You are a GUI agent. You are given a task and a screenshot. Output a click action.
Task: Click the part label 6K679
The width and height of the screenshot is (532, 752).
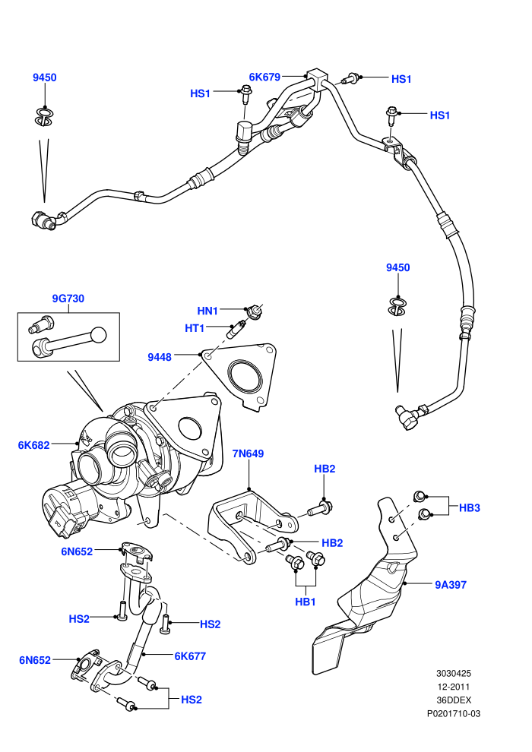(x=264, y=77)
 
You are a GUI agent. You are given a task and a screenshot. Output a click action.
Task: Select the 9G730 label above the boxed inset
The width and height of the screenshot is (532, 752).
(x=68, y=299)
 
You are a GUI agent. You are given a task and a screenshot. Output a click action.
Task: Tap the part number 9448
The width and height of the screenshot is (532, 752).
(x=160, y=357)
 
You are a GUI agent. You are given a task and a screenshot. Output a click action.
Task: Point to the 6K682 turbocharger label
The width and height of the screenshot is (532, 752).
(x=33, y=445)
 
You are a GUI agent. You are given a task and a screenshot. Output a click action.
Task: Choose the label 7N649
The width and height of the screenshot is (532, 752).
(x=248, y=453)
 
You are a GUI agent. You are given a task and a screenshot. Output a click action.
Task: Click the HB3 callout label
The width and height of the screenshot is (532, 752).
(x=469, y=507)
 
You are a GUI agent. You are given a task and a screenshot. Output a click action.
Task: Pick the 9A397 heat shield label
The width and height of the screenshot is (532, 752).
(x=451, y=585)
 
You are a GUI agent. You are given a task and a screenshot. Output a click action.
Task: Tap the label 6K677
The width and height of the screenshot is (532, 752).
(x=190, y=656)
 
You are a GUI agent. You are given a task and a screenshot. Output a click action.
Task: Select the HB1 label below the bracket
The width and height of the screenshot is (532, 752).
(x=305, y=602)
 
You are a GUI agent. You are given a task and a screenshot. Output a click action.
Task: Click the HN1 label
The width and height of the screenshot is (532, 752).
(x=207, y=311)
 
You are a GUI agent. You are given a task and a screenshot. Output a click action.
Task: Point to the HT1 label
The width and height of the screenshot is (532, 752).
(x=195, y=328)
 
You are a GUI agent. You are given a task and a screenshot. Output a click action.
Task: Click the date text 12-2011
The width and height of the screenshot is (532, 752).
(x=453, y=687)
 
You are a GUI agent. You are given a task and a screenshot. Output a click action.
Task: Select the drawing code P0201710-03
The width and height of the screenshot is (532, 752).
(x=453, y=713)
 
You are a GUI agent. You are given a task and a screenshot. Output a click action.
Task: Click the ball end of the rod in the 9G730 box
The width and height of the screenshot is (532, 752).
(x=98, y=335)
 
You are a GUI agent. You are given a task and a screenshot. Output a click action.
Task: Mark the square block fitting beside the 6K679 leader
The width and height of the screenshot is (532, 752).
(x=317, y=77)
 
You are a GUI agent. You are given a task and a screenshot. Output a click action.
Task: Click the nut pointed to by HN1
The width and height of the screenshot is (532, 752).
(x=254, y=311)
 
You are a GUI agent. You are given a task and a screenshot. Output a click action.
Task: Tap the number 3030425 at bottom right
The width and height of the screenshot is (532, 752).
(x=453, y=673)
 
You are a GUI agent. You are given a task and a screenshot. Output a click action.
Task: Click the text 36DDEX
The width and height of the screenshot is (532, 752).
(x=453, y=700)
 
